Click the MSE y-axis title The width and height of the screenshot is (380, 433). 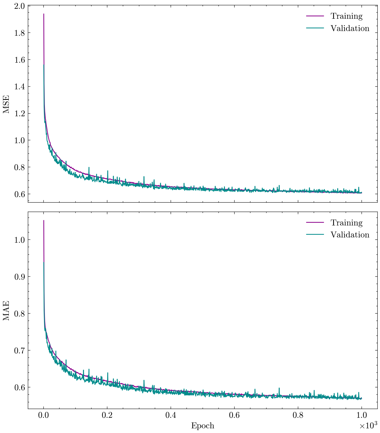point(6,104)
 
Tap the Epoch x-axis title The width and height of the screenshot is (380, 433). point(203,426)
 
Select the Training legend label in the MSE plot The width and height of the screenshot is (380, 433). point(346,16)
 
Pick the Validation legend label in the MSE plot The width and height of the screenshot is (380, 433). point(350,28)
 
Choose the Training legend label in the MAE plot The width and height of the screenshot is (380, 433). point(346,223)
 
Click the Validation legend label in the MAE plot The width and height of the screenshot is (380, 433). point(350,235)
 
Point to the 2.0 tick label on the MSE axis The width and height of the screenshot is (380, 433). point(19,6)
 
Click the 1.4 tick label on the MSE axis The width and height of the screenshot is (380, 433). point(19,86)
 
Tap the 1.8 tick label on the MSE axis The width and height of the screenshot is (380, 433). point(19,33)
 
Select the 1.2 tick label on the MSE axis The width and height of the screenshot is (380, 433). point(19,113)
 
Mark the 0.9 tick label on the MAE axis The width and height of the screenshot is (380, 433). point(19,277)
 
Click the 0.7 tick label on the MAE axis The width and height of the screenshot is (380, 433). point(19,350)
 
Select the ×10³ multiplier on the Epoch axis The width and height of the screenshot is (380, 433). point(368,425)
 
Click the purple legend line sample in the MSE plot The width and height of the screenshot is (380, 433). point(315,16)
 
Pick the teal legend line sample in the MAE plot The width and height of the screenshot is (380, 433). point(315,235)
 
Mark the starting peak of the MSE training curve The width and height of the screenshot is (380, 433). point(44,14)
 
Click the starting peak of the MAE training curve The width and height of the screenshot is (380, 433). point(44,221)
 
